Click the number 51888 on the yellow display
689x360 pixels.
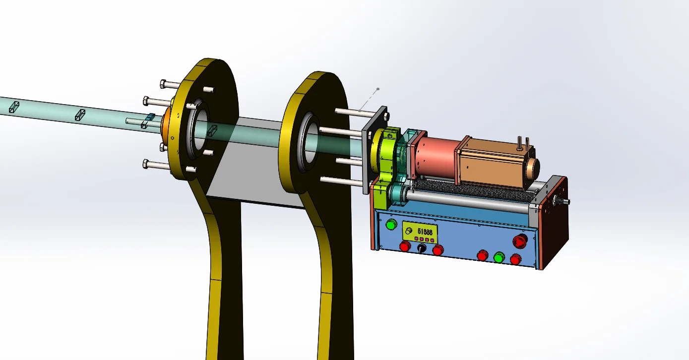425,231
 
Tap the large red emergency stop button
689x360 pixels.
519,241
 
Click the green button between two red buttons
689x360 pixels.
499,257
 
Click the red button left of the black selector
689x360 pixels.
405,246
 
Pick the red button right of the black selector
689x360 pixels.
438,250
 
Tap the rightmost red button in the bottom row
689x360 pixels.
516,259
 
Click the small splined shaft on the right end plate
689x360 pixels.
565,201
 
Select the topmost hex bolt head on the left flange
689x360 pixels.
164,83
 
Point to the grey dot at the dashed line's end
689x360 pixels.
378,89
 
